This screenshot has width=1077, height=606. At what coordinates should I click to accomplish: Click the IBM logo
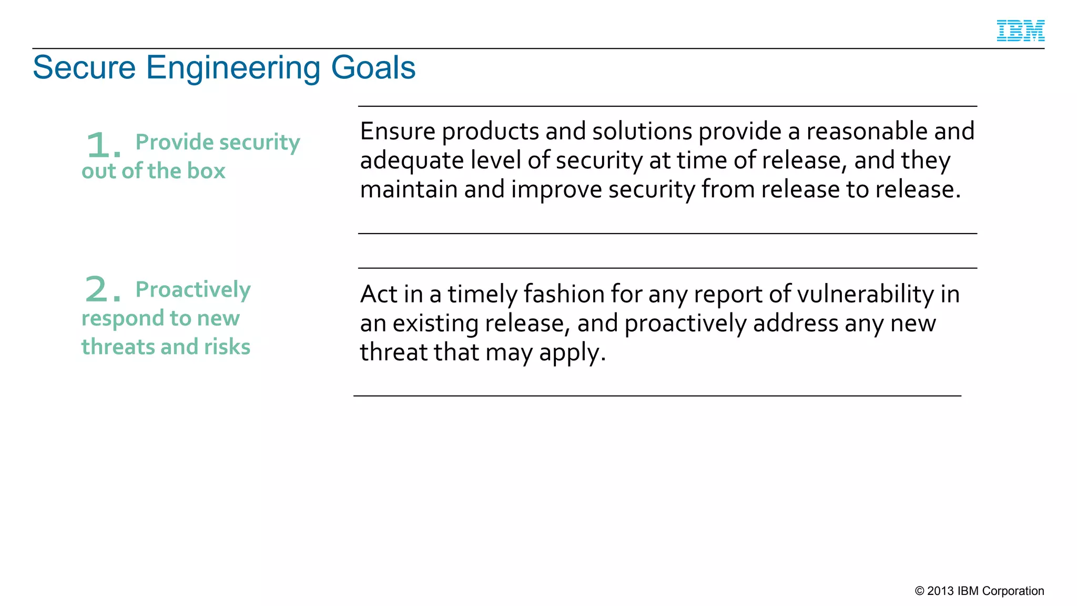(x=1020, y=31)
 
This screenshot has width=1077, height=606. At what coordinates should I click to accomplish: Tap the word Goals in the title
(x=373, y=68)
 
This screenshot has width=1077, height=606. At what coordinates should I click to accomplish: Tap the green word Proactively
(x=193, y=290)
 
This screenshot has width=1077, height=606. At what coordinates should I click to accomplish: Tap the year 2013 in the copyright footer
(x=940, y=591)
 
